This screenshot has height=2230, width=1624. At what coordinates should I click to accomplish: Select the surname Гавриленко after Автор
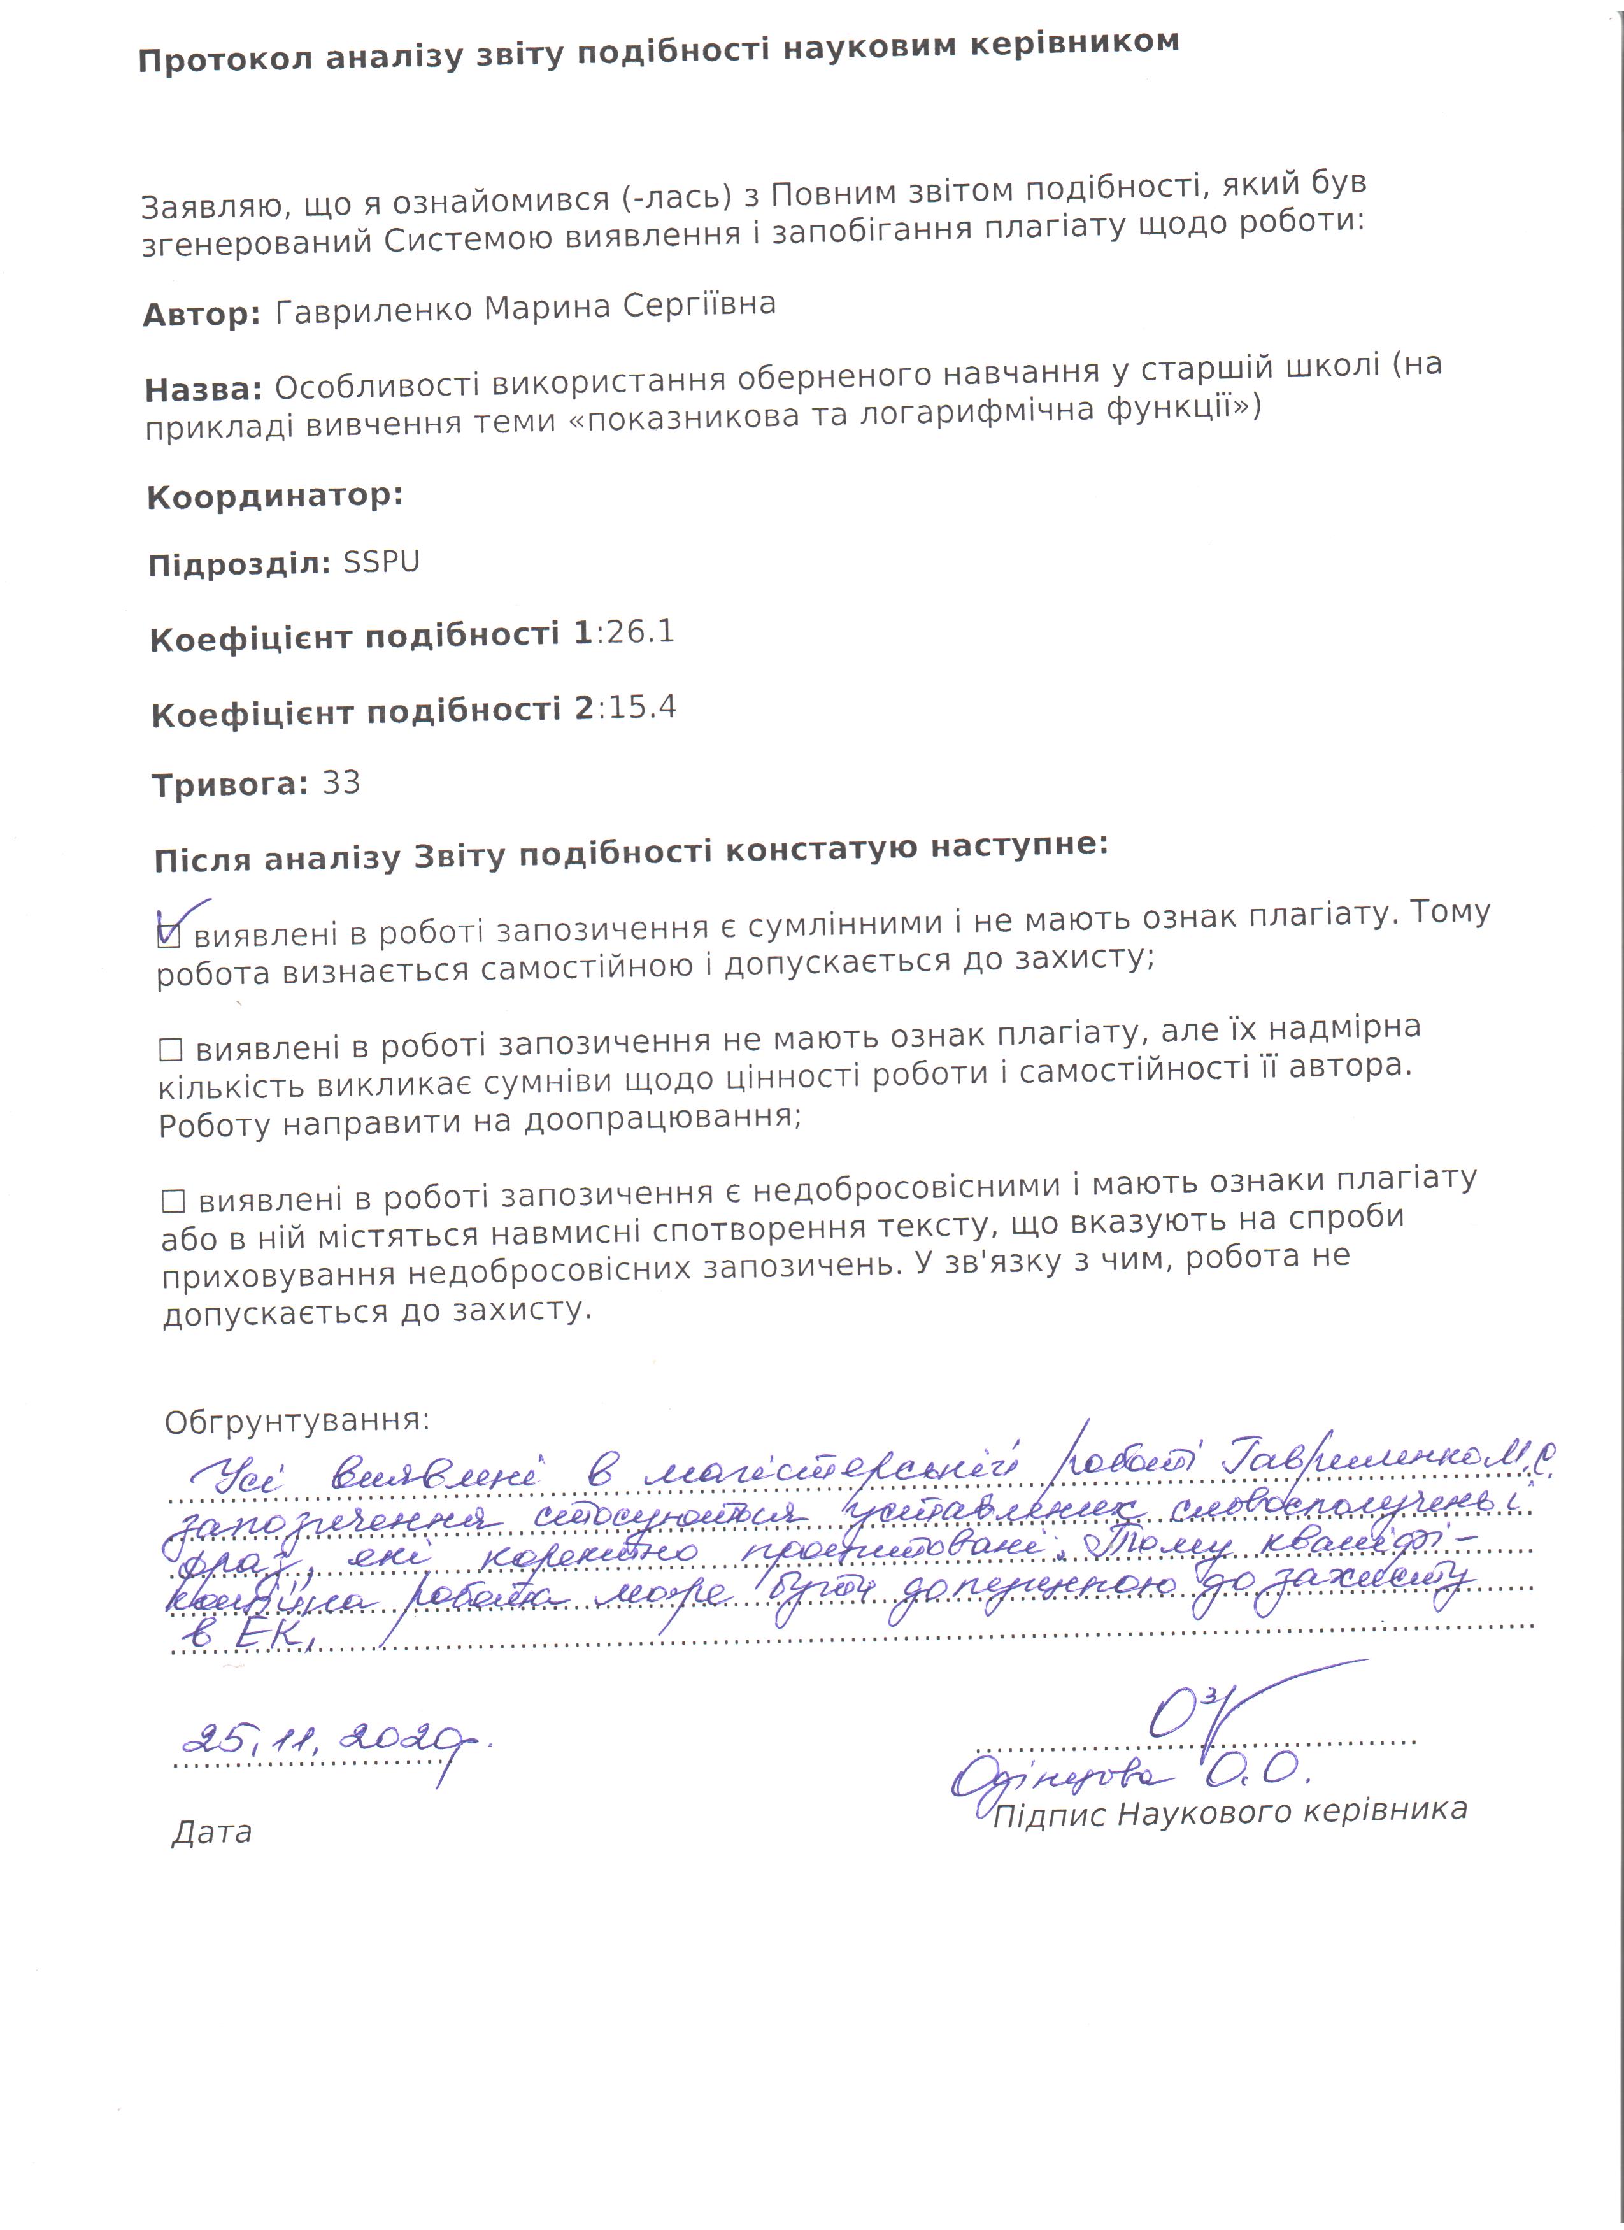[x=376, y=311]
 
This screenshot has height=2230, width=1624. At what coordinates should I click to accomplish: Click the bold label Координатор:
[x=275, y=497]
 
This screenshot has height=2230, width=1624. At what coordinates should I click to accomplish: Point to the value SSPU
[x=381, y=562]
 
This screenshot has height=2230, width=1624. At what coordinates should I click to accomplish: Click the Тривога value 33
[x=341, y=783]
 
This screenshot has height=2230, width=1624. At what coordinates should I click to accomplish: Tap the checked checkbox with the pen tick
[x=169, y=934]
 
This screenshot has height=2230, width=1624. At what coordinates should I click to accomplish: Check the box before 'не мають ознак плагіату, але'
[x=171, y=1050]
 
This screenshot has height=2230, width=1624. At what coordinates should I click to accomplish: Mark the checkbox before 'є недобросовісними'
[x=174, y=1201]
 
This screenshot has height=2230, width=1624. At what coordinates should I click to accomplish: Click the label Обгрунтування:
[x=297, y=1422]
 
